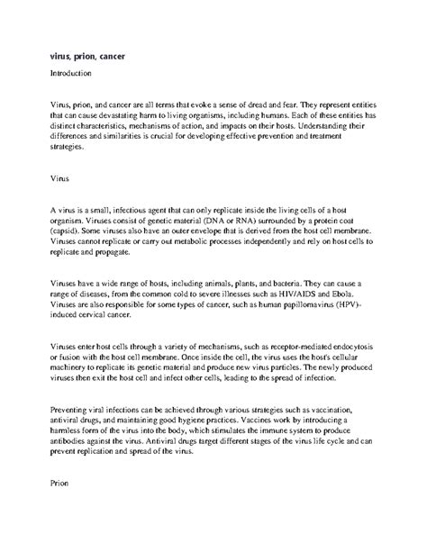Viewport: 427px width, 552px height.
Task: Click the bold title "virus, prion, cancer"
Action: tap(87, 56)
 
